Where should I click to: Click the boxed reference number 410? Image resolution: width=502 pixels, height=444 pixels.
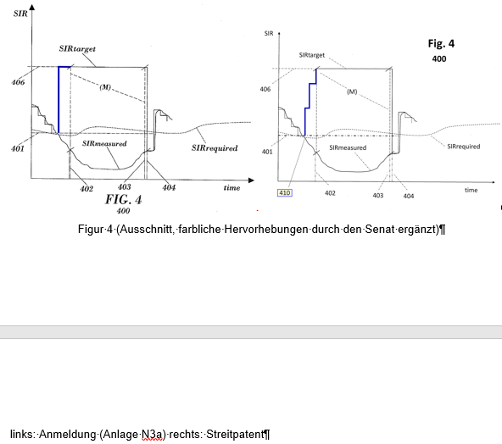(x=285, y=193)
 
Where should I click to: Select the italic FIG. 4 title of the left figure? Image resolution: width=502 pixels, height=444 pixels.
(x=123, y=199)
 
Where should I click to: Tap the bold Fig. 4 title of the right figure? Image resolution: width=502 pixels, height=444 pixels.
(x=441, y=43)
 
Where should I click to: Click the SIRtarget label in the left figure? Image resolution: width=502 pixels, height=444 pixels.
(x=77, y=48)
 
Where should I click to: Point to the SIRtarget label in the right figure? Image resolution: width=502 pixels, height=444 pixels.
(x=312, y=55)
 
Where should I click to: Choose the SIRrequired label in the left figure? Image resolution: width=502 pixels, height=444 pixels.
(x=215, y=147)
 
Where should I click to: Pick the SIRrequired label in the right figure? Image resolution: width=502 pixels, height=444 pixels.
(x=464, y=147)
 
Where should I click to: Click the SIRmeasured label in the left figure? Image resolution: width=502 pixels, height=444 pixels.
(x=104, y=143)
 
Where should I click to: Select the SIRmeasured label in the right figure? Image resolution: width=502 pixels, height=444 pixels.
(x=348, y=147)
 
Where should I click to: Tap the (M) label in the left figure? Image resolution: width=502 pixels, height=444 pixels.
(x=105, y=87)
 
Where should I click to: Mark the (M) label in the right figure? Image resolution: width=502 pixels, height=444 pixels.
(x=352, y=92)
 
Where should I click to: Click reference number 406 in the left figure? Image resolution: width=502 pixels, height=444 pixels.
(x=18, y=82)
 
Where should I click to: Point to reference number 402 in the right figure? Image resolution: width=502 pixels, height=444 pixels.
(x=330, y=193)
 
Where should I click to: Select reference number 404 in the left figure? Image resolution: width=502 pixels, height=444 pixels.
(x=169, y=187)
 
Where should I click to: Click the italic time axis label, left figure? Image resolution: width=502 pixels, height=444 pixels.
(x=231, y=188)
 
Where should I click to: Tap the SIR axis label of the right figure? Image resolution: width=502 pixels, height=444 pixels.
(x=269, y=33)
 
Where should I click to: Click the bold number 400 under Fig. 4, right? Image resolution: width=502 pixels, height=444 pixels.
(x=439, y=58)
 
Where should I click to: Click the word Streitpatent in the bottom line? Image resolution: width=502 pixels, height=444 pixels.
(x=236, y=435)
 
